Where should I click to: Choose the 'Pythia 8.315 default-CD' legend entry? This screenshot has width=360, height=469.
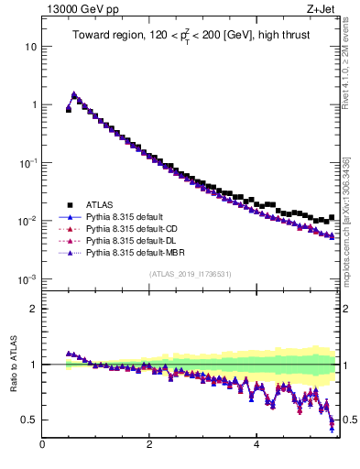tap(134, 228)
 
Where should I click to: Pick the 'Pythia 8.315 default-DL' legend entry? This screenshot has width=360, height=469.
tap(133, 240)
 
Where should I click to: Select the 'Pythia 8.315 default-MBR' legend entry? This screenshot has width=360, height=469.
tap(136, 252)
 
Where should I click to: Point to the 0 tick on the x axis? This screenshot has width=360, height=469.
tap(42, 444)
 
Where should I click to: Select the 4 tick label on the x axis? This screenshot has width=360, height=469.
tap(256, 444)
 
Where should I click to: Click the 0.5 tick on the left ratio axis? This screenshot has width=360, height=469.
tap(28, 420)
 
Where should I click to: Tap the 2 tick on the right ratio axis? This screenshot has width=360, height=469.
tap(346, 309)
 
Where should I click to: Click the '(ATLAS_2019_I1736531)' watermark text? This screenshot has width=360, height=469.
tap(190, 275)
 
